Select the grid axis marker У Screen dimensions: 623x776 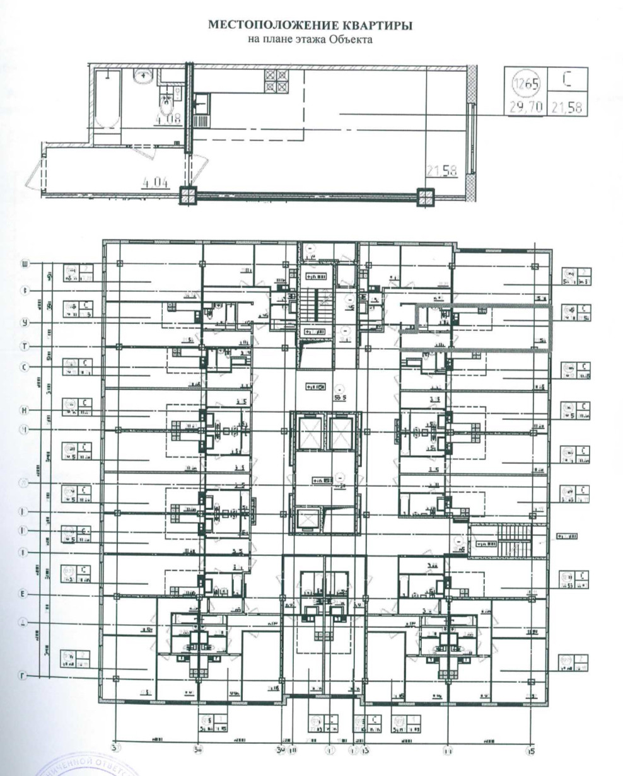(26, 323)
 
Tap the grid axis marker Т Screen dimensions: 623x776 (26, 346)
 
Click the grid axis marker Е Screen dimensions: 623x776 (26, 594)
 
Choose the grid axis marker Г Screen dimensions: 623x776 (26, 676)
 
